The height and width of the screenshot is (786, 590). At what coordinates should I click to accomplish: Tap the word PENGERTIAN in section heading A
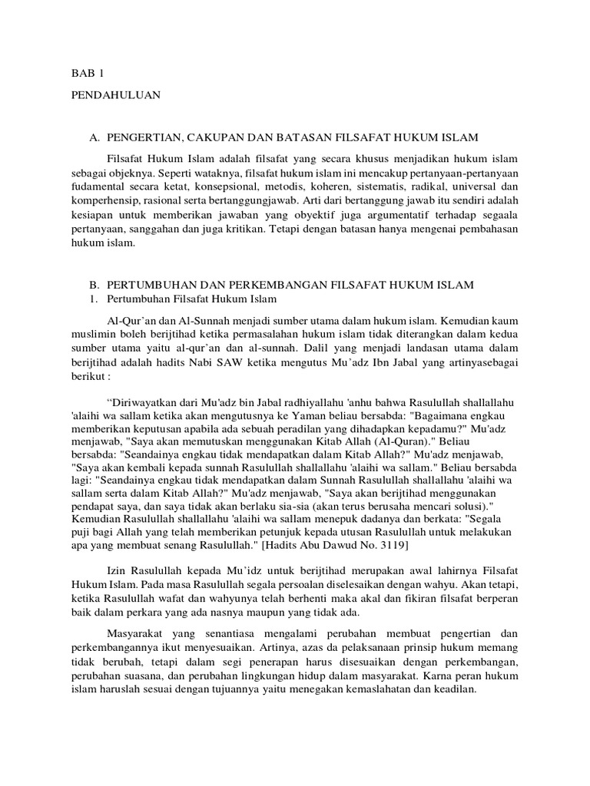tap(145, 137)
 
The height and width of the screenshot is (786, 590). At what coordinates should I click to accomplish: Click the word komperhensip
tap(97, 201)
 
